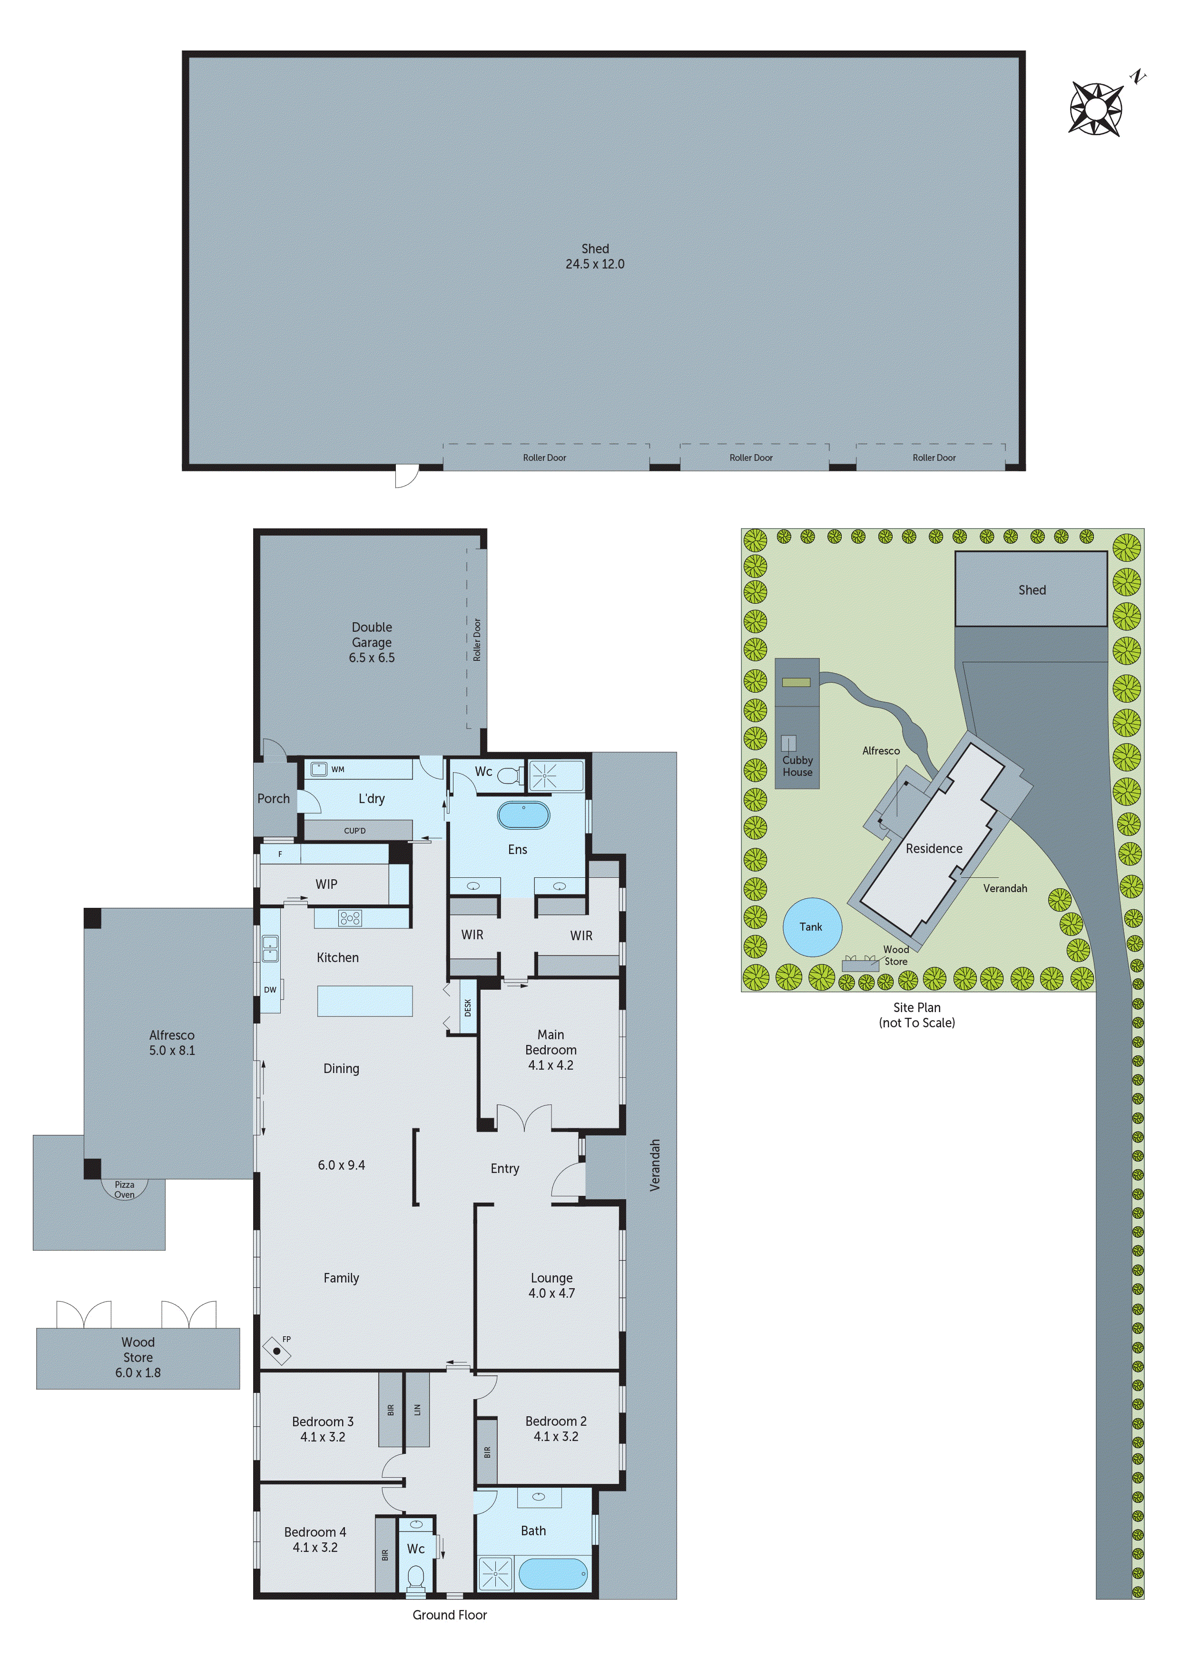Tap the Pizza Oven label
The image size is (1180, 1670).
[x=124, y=1189]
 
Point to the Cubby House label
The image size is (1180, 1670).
[x=797, y=766]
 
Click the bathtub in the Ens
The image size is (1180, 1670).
[x=523, y=815]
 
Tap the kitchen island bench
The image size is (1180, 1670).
[x=365, y=1001]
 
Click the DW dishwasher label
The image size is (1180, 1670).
[x=270, y=989]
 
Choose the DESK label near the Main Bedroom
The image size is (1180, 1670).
[x=468, y=1007]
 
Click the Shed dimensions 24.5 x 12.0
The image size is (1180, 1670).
[x=595, y=264]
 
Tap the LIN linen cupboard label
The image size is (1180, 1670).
[x=417, y=1410]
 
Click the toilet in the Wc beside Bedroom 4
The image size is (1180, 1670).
[x=416, y=1577]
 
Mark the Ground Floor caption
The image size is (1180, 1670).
[x=449, y=1615]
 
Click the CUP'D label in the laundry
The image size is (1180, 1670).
[x=355, y=831]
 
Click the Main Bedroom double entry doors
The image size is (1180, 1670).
[x=523, y=1118]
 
